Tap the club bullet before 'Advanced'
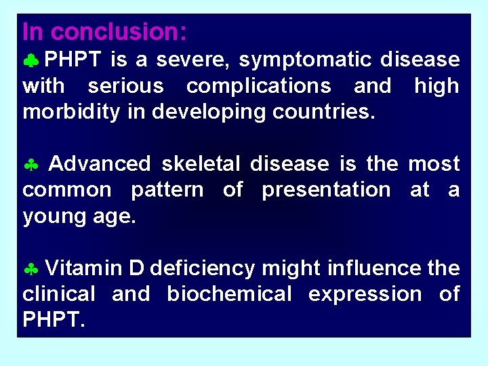[30, 165]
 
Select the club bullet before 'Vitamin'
[30, 270]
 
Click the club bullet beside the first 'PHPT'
[30, 62]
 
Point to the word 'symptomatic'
[306, 60]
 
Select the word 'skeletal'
[201, 164]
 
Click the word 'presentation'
[326, 190]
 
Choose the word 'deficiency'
[202, 268]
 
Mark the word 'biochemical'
[228, 294]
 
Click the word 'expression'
[365, 294]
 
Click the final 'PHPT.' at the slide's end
[54, 320]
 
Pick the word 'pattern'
[167, 190]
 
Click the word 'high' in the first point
[436, 86]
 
